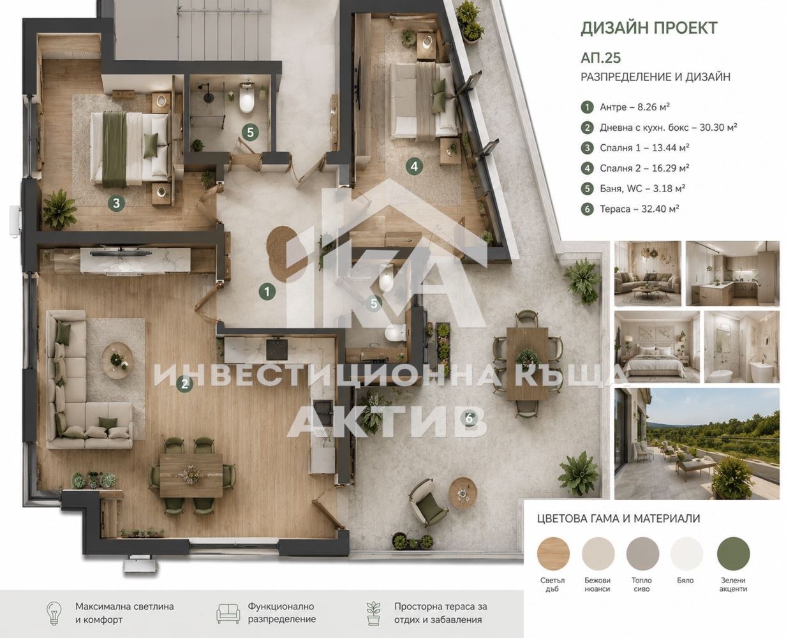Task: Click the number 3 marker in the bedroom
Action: click(x=116, y=203)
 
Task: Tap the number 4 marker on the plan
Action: click(x=414, y=167)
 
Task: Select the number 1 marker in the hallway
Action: click(x=267, y=292)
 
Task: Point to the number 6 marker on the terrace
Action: click(x=469, y=419)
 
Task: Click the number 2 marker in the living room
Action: click(x=184, y=384)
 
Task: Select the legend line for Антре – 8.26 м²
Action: click(x=625, y=107)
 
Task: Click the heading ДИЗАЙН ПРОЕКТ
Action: click(x=649, y=28)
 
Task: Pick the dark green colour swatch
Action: click(x=733, y=554)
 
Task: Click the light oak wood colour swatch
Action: click(x=553, y=554)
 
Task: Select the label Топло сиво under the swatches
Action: click(x=642, y=585)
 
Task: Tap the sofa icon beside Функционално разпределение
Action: click(x=228, y=613)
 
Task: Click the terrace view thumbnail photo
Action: click(x=697, y=443)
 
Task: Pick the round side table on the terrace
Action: click(x=463, y=493)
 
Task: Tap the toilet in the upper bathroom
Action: click(x=246, y=98)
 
